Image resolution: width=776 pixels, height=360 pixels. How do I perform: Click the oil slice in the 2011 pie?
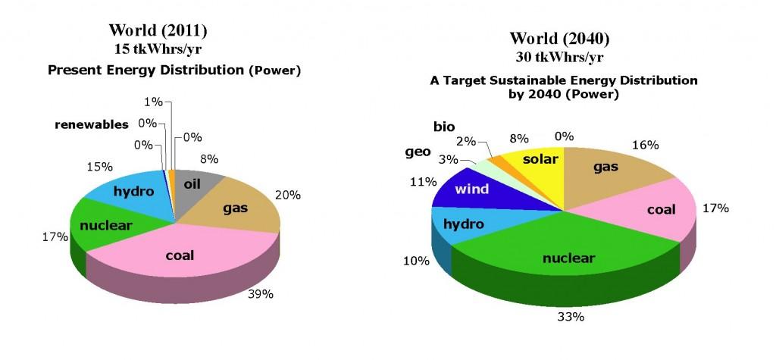(x=193, y=191)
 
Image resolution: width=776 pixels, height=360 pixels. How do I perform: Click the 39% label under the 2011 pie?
(x=261, y=293)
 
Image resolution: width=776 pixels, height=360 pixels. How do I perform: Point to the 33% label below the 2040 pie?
(x=571, y=317)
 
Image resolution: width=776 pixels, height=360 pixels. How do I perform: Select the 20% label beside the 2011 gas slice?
(x=287, y=195)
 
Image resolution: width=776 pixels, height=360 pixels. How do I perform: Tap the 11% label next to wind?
(x=421, y=181)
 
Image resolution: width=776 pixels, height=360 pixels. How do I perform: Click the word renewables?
(x=92, y=124)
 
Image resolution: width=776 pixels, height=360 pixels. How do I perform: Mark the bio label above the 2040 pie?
(x=444, y=127)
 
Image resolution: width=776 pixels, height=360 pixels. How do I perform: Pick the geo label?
(x=418, y=152)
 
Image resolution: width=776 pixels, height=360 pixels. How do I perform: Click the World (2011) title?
(x=158, y=30)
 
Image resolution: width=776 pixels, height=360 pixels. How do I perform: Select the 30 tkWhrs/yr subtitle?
(x=559, y=57)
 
